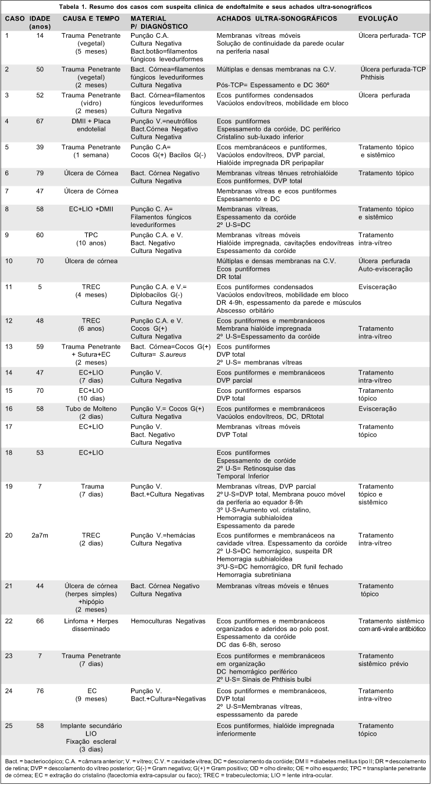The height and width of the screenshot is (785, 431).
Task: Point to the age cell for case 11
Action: (x=41, y=288)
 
